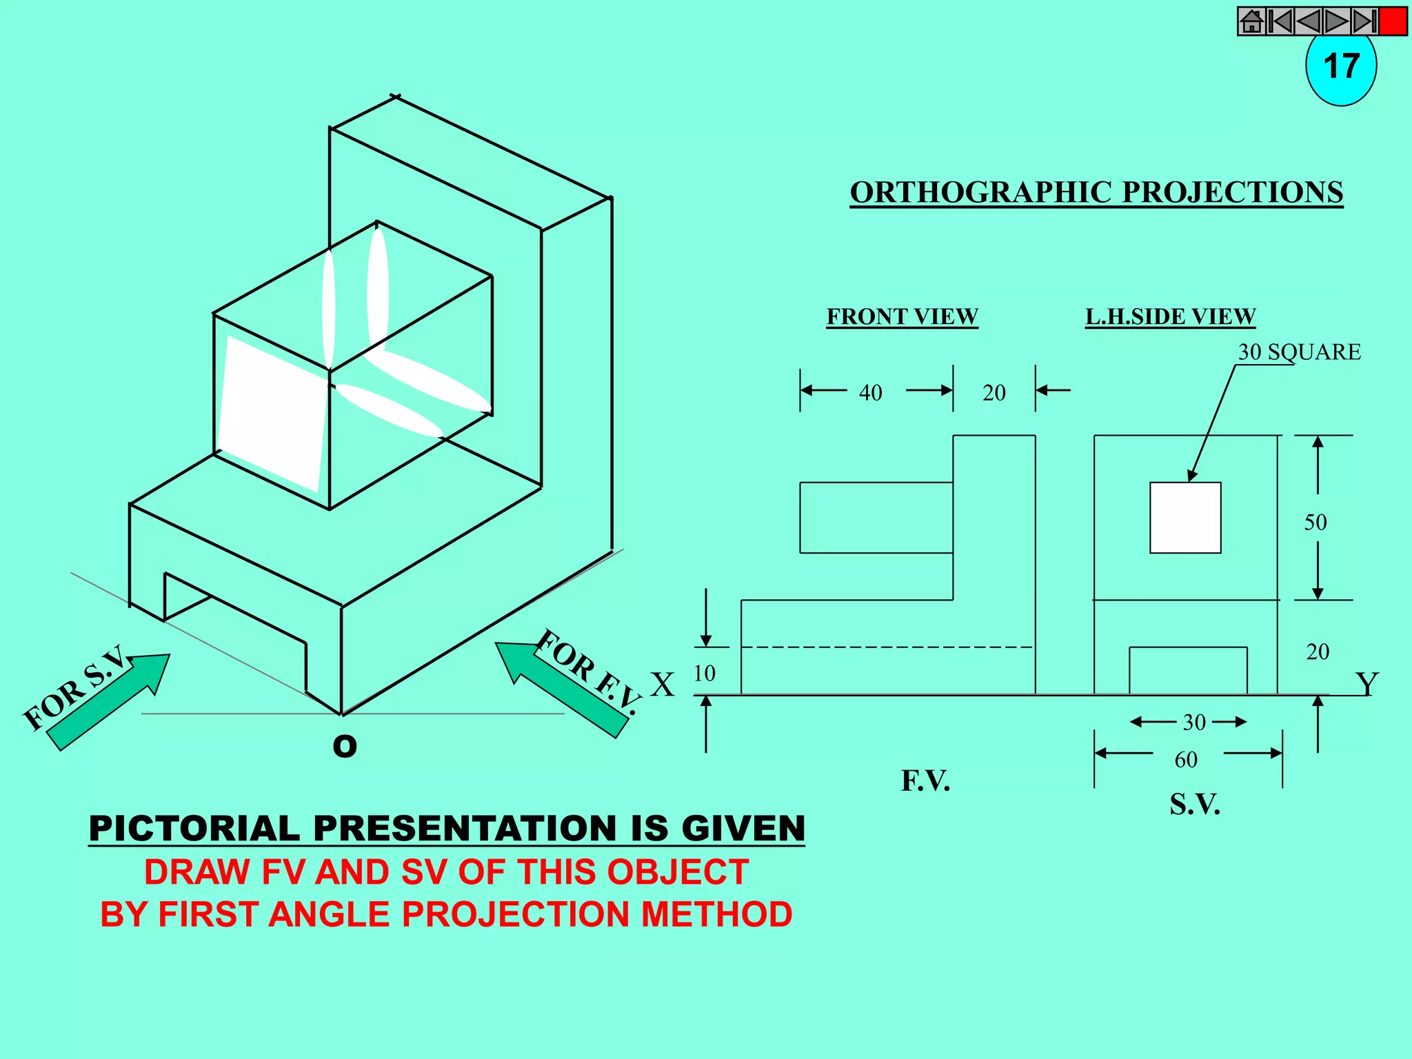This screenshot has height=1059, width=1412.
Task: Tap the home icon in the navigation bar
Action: [1251, 21]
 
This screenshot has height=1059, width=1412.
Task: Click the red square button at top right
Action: [1393, 21]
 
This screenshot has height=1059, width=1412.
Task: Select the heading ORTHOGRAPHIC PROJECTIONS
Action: [1096, 192]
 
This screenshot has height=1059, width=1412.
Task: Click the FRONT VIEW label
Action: [902, 316]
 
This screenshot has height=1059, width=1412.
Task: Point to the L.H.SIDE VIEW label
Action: [1170, 316]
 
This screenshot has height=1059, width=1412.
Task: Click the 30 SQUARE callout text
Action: [1299, 352]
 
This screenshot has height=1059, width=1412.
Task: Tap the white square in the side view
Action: [1185, 518]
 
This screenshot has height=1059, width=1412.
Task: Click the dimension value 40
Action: [870, 393]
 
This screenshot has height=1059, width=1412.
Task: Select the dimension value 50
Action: [1315, 523]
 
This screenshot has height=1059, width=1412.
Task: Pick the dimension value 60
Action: [1186, 760]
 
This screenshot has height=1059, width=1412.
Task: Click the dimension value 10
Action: [704, 674]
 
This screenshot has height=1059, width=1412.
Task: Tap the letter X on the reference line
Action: [663, 685]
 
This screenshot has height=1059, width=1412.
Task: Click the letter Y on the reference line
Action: [1366, 684]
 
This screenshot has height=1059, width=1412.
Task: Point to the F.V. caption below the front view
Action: [925, 781]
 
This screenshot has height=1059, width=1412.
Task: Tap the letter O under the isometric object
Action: [345, 746]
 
